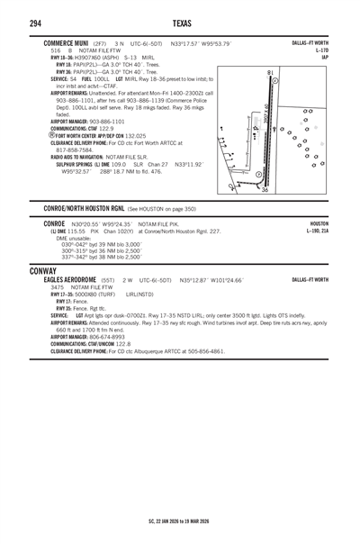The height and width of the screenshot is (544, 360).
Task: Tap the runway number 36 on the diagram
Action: pos(264,189)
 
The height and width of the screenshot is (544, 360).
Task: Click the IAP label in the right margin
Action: pos(323,57)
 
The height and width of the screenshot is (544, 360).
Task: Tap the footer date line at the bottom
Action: pos(179,521)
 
